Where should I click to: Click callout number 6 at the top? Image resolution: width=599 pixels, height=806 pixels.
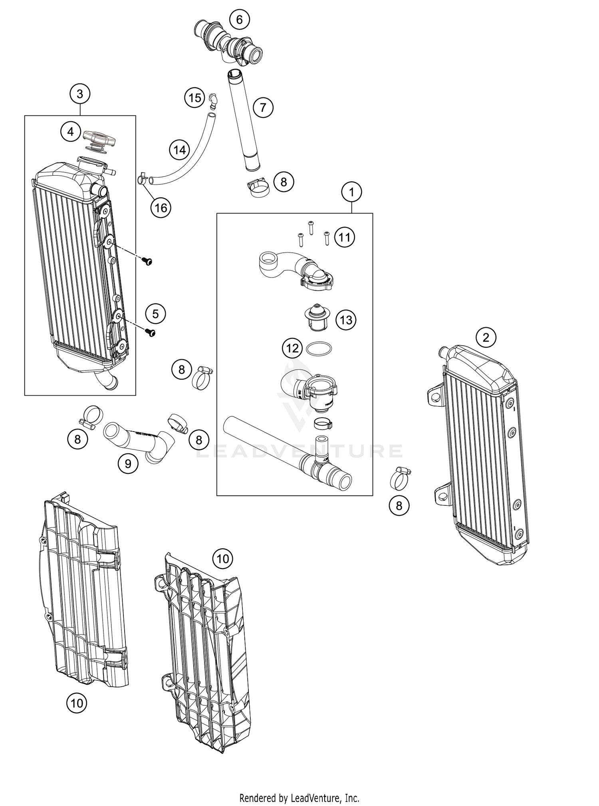tap(239, 20)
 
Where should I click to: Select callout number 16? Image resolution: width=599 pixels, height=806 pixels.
tap(161, 208)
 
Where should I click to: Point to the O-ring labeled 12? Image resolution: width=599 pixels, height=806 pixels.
tap(318, 349)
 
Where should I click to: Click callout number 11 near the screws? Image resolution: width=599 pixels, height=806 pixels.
tap(344, 238)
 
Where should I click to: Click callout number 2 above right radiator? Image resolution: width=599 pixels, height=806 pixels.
tap(486, 338)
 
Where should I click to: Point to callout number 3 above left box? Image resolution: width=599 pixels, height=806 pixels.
tap(80, 94)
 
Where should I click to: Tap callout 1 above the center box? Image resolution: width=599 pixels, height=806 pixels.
tap(351, 192)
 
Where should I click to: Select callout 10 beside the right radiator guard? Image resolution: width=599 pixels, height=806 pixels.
tap(222, 558)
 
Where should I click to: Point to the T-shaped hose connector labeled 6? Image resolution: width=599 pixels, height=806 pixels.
tap(230, 44)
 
